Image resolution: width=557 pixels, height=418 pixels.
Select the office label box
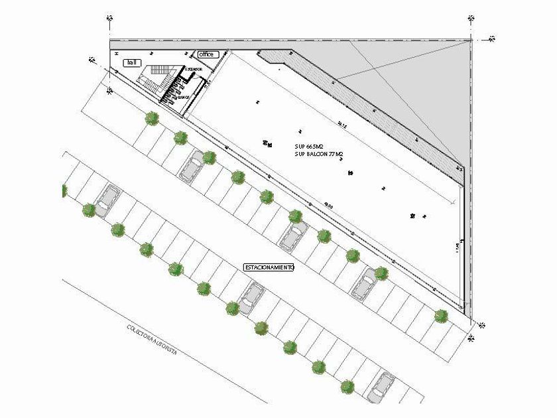pyautogui.click(x=206, y=54)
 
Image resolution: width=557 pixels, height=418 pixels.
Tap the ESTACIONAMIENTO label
pyautogui.click(x=269, y=267)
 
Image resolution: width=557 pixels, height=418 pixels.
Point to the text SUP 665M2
pyautogui.click(x=309, y=145)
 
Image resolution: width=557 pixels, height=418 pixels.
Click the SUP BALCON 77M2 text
pyautogui.click(x=320, y=154)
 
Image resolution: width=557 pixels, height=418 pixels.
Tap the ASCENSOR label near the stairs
pyautogui.click(x=194, y=69)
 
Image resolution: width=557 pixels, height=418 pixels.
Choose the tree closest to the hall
pyautogui.click(x=153, y=119)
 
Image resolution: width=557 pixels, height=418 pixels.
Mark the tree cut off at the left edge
pyautogui.click(x=64, y=191)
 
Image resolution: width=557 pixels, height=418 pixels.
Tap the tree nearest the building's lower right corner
pyautogui.click(x=441, y=316)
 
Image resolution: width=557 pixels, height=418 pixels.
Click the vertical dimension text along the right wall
pyautogui.click(x=457, y=247)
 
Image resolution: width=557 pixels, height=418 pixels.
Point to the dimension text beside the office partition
pyautogui.click(x=207, y=84)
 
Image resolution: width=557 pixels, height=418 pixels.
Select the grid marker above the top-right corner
pyautogui.click(x=471, y=19)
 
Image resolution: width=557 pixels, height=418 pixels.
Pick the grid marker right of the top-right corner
pyautogui.click(x=491, y=38)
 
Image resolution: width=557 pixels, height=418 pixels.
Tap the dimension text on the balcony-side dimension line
pyautogui.click(x=341, y=123)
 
